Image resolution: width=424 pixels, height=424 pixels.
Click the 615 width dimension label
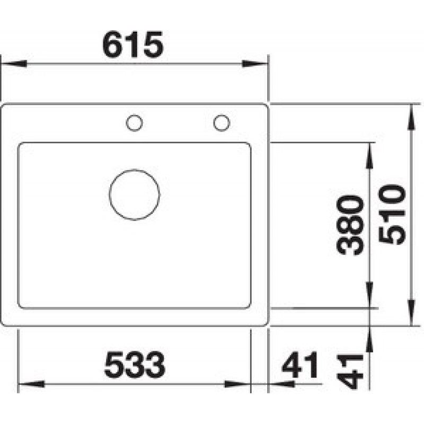click(x=133, y=45)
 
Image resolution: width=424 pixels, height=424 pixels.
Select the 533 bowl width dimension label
click(x=135, y=365)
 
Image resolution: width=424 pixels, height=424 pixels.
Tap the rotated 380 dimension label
click(x=350, y=225)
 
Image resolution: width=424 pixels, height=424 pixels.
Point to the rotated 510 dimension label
click(x=392, y=215)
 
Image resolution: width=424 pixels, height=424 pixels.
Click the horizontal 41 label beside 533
click(x=300, y=365)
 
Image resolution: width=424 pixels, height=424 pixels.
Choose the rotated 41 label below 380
click(x=350, y=372)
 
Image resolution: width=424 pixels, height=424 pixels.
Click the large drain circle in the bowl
click(x=135, y=170)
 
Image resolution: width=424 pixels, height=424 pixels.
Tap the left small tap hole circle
click(x=135, y=115)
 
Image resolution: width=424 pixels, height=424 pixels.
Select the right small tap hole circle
click(x=222, y=115)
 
